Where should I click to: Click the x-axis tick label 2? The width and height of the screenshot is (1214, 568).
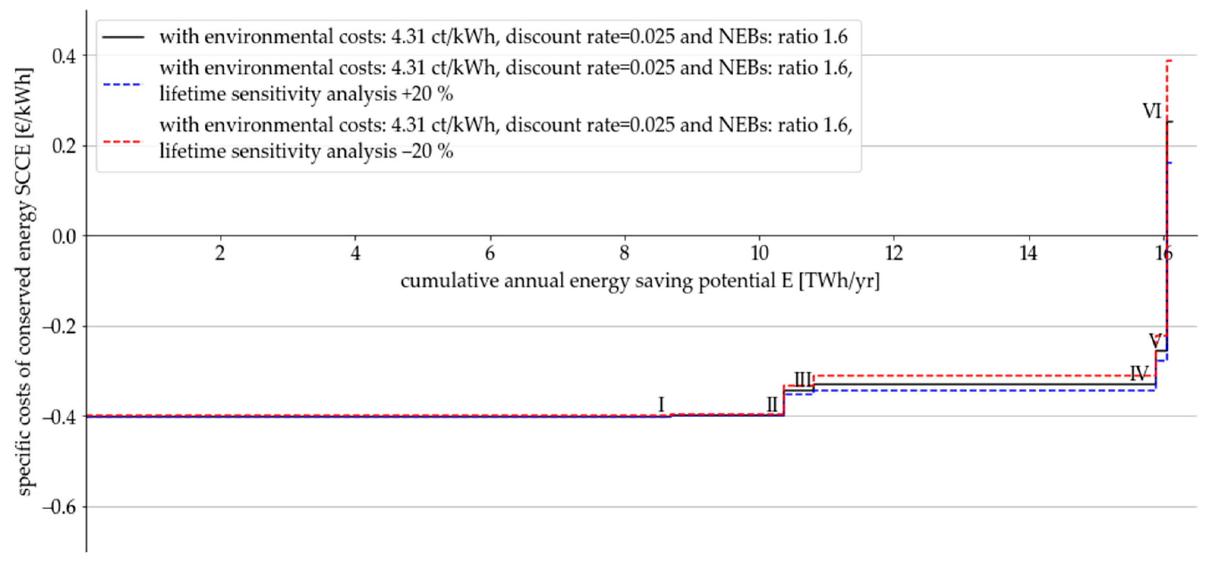tap(220, 254)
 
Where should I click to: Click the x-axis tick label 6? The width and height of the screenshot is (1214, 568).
tap(490, 254)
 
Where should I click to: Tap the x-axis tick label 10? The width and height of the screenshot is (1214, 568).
tap(759, 254)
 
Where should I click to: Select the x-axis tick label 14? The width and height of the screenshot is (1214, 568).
tap(1028, 254)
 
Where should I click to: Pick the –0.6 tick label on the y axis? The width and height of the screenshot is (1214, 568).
tap(59, 508)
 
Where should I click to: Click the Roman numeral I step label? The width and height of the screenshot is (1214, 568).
tap(661, 405)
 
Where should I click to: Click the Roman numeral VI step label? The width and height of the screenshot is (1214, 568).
tap(1152, 112)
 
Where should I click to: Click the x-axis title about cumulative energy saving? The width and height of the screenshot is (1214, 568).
tap(640, 281)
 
